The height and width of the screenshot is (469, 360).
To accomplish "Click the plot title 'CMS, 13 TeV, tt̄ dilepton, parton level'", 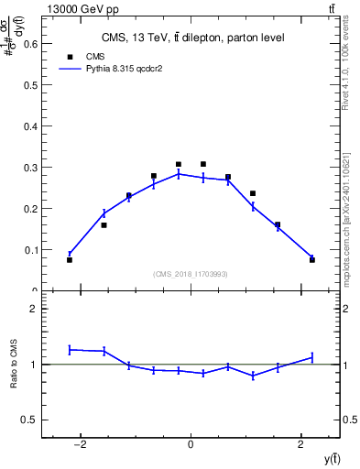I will (191, 38).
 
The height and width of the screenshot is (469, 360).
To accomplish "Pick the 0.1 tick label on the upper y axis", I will (30, 250).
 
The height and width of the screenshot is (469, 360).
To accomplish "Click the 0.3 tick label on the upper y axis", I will (30, 168).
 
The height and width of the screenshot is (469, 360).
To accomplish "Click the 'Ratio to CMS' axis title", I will (15, 364).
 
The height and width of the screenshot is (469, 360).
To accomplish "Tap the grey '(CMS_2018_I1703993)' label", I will (190, 274).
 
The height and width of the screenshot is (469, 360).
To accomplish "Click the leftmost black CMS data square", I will (70, 260).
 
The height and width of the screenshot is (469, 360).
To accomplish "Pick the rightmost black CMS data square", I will (311, 260).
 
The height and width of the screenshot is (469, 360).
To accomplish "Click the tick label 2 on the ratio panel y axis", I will (33, 310).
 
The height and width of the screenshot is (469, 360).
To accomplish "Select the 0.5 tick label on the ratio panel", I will (30, 420).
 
